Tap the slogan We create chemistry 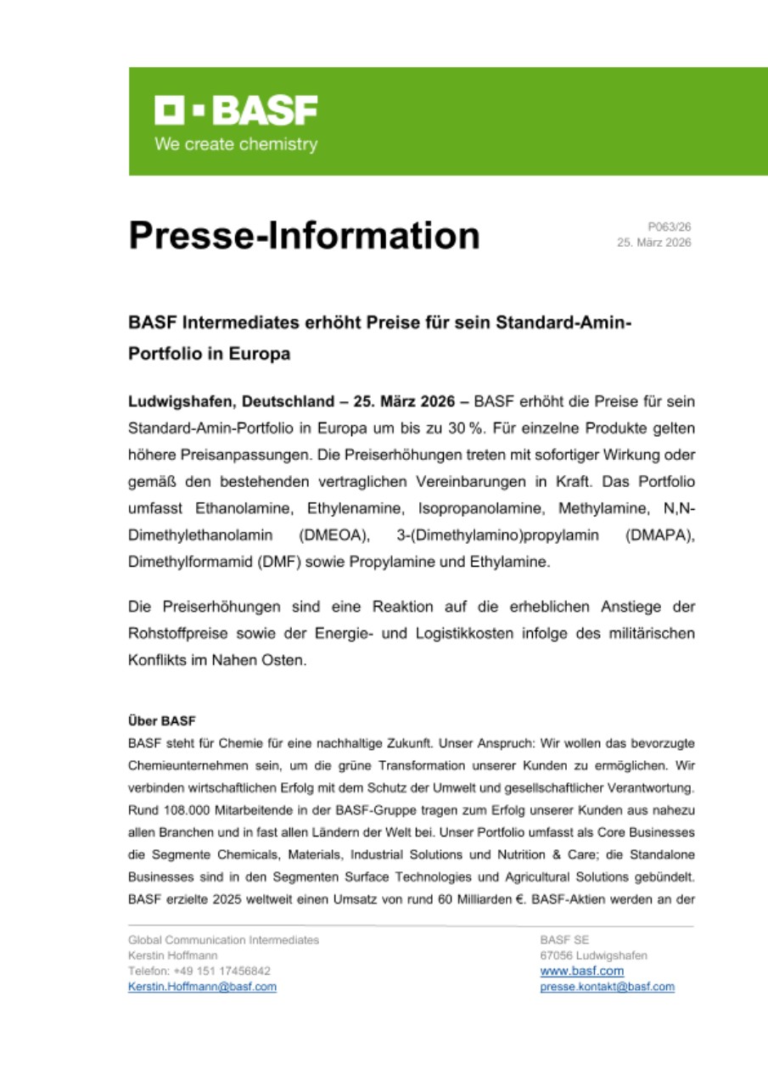[x=236, y=144]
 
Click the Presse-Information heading [x=304, y=235]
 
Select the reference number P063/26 [x=670, y=227]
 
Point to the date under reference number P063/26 [x=653, y=243]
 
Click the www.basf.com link [x=581, y=971]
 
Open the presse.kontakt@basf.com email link [x=607, y=987]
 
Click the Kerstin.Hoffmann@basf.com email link [x=202, y=987]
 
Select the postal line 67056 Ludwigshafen [x=593, y=955]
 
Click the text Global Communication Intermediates [x=223, y=939]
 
